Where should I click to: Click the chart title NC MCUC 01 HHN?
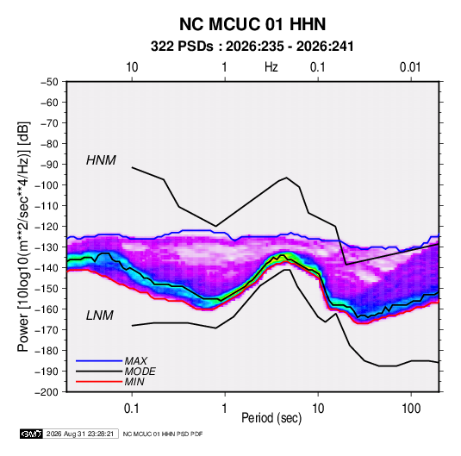coord(252,24)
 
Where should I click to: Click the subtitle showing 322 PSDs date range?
coord(252,47)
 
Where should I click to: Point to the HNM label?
coord(101,160)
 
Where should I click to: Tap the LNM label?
coord(100,315)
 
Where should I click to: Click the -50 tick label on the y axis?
coord(50,82)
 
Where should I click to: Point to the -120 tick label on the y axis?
coord(47,227)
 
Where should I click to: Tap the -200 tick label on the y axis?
coord(47,392)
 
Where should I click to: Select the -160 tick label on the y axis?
coord(47,309)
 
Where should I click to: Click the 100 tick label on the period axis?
coord(411,409)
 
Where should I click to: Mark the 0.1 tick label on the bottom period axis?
coord(132,409)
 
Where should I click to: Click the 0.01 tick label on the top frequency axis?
coord(410,67)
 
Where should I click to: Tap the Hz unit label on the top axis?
coord(271,67)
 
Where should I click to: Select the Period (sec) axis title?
coord(271,418)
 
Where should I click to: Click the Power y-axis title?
coord(23,236)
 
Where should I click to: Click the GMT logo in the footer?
coord(31,434)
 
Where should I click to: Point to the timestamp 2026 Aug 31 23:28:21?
coord(80,434)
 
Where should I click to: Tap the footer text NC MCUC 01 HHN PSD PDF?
coord(163,434)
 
